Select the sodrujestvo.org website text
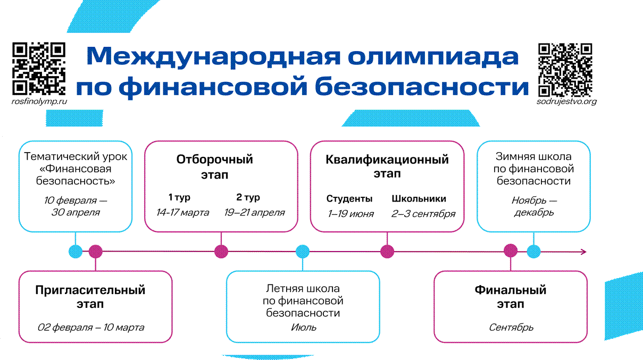point(567,101)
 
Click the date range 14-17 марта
point(182,213)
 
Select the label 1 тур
point(179,198)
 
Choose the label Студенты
point(349,199)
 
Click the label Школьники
point(419,199)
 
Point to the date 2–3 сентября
point(423,214)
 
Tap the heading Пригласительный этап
point(90,297)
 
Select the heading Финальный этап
point(511,297)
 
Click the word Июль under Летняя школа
point(303,327)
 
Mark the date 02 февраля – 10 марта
point(90,327)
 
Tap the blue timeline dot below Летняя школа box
point(303,252)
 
